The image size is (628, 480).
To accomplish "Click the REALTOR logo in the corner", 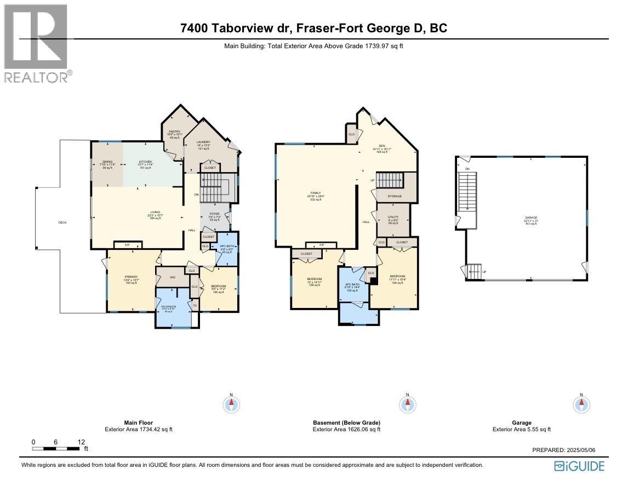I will click(36, 43).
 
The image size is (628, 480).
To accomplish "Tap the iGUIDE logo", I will click(579, 466).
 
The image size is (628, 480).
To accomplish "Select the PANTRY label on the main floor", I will click(175, 132).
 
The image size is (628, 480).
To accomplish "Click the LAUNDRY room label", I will click(204, 142).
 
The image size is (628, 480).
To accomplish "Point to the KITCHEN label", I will click(145, 162).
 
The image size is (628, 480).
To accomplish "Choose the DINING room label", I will click(107, 162).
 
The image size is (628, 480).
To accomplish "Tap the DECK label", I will click(62, 222).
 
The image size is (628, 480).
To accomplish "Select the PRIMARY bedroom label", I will click(130, 277).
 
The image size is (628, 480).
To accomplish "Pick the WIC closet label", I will click(173, 277).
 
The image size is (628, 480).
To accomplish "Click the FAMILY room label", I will click(316, 193).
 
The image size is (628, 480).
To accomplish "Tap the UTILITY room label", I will click(393, 217).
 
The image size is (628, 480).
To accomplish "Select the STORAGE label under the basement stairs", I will click(395, 196).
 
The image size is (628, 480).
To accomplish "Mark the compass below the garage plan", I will click(581, 404).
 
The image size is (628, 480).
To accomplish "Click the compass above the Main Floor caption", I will click(232, 404).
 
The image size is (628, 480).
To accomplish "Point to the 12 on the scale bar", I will click(81, 442).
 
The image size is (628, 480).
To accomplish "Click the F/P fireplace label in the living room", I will click(127, 245).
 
